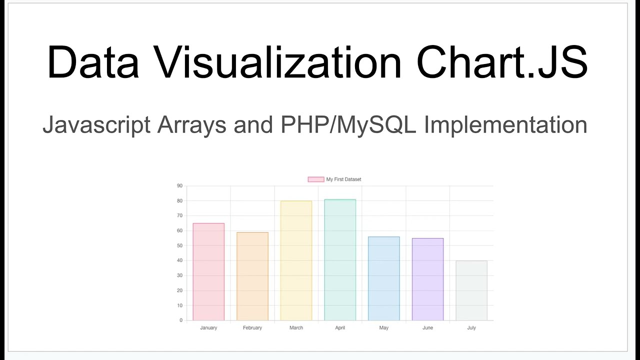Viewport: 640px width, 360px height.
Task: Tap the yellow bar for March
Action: [x=296, y=260]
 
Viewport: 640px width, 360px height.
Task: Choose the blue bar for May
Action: [x=384, y=278]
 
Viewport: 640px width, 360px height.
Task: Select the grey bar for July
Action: [x=471, y=290]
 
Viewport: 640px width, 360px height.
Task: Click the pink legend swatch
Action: [x=315, y=179]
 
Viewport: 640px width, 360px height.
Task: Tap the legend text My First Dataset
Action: [x=343, y=179]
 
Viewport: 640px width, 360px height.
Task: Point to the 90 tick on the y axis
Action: [x=179, y=186]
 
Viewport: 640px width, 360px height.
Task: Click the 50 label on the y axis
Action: [x=179, y=245]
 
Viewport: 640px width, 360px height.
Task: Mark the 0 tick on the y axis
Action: [x=181, y=320]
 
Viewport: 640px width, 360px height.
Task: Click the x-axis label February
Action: [x=252, y=328]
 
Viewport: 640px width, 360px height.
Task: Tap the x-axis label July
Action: [x=471, y=328]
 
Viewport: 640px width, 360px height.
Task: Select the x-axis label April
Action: [x=340, y=328]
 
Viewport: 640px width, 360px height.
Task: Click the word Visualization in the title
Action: [x=277, y=62]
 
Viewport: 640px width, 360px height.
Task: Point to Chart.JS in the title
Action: [x=501, y=62]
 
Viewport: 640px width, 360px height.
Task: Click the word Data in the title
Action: [x=92, y=62]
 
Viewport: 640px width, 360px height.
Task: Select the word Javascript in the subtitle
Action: [x=96, y=125]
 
